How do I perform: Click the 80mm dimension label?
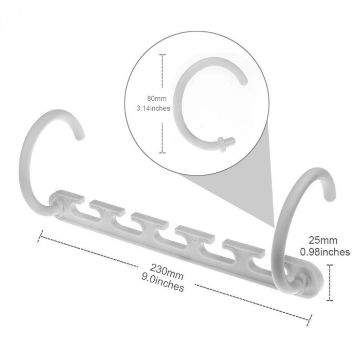(156, 99)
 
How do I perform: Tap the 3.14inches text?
(153, 108)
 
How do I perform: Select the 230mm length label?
(167, 272)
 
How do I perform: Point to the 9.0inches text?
(163, 283)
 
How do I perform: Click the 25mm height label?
(323, 240)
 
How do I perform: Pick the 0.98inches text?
(325, 252)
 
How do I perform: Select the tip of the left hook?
(81, 137)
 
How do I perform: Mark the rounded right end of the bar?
(316, 282)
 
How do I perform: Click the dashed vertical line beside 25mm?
(330, 282)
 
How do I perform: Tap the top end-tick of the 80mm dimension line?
(163, 55)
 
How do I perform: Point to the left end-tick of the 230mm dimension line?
(40, 236)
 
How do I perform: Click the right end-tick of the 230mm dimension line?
(309, 320)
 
